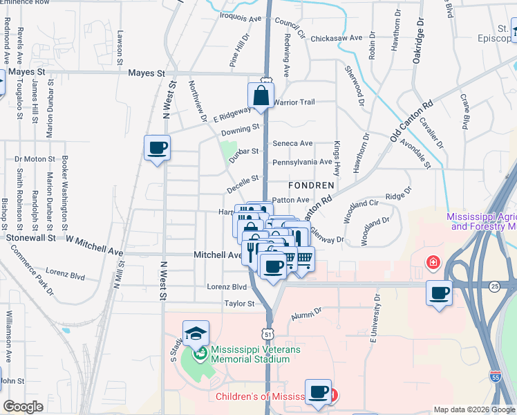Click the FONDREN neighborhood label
[311, 185]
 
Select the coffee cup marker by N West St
[157, 147]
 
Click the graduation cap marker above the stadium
[196, 333]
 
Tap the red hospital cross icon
[433, 264]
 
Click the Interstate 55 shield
[495, 377]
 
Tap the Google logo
[23, 407]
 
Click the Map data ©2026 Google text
[474, 409]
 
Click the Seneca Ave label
[292, 143]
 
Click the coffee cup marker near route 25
[439, 293]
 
